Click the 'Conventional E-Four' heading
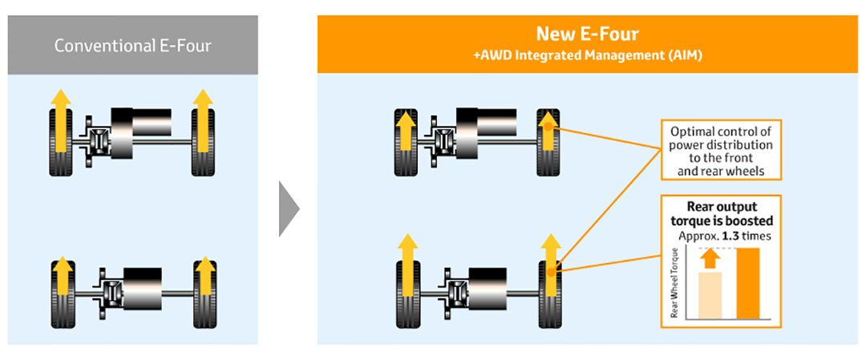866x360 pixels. click(x=132, y=46)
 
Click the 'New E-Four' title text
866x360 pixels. click(x=588, y=34)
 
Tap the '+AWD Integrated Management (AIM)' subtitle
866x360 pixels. click(x=588, y=56)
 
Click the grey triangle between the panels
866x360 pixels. click(x=289, y=208)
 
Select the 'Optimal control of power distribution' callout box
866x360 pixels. click(x=722, y=150)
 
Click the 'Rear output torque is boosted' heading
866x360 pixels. click(x=722, y=214)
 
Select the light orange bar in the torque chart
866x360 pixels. click(x=711, y=295)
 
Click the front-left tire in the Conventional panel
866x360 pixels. click(x=61, y=142)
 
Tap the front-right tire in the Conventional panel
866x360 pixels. click(x=203, y=142)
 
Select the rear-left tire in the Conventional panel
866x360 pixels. click(x=61, y=293)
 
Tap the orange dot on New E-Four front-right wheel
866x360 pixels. click(x=548, y=127)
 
